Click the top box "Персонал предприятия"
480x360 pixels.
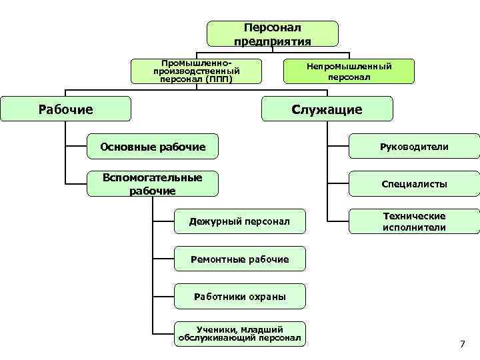(272, 34)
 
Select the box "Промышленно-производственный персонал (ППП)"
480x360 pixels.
(196, 71)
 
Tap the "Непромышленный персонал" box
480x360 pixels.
(349, 71)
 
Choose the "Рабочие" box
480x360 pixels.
(65, 109)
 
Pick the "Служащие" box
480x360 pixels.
(327, 109)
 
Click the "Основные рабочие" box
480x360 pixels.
(153, 146)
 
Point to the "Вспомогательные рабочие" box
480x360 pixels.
(153, 184)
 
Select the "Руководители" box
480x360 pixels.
(414, 146)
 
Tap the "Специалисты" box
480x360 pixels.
(414, 184)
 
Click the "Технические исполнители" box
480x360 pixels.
(414, 221)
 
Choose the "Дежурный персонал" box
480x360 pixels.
(239, 221)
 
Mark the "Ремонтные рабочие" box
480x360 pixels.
(239, 259)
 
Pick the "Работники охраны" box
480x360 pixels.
(239, 296)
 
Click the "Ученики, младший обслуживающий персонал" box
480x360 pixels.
(239, 334)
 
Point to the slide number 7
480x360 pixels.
(462, 344)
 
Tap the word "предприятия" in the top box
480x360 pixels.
(272, 41)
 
